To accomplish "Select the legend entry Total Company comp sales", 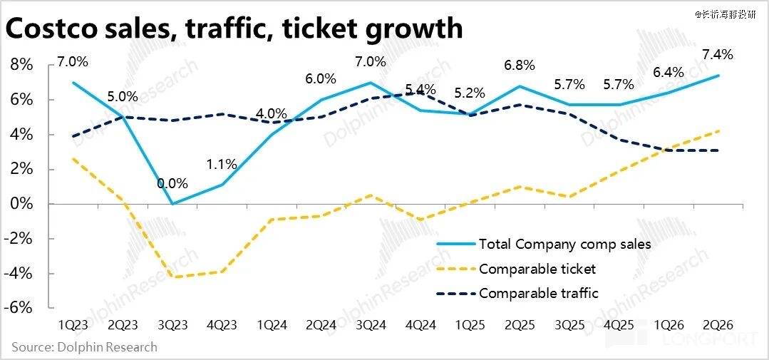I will [x=564, y=245].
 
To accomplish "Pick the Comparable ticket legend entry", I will [x=537, y=269].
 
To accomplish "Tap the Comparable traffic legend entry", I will [x=539, y=293].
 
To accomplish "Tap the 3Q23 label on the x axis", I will [x=172, y=324].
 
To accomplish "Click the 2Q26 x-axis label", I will [x=718, y=324].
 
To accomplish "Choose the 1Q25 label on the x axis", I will [x=470, y=324].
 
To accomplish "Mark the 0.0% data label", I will [x=172, y=182].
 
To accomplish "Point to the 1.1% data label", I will [x=221, y=164].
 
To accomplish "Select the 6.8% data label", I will [x=519, y=66].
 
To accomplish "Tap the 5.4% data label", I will [x=419, y=89].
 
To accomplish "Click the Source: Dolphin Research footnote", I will [x=84, y=347].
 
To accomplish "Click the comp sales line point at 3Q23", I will [x=172, y=204].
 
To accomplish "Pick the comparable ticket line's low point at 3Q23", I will [x=172, y=277].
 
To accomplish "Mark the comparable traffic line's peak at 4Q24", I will [x=420, y=93].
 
